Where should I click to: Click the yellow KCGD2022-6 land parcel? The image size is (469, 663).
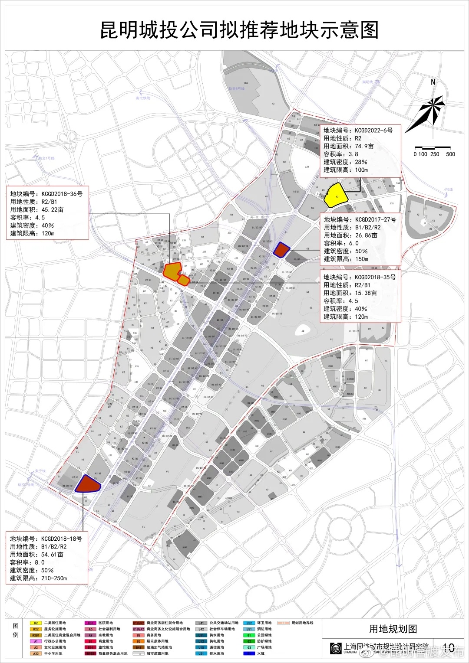336,195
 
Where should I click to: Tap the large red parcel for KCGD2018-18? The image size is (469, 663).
88,483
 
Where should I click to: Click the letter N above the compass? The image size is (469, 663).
433,82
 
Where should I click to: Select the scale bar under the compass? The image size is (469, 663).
434,148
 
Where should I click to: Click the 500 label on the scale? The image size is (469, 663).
450,154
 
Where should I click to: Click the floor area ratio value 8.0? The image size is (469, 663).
40,562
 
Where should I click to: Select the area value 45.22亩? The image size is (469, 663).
52,210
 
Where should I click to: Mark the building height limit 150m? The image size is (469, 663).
361,259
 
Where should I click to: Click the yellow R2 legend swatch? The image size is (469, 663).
36,623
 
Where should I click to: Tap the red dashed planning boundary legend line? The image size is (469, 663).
283,623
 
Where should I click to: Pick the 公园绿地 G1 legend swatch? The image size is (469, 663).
249,635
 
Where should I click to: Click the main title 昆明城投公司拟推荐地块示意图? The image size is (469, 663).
239,30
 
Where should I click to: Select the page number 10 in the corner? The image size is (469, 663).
448,648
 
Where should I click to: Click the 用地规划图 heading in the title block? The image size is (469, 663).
393,629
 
